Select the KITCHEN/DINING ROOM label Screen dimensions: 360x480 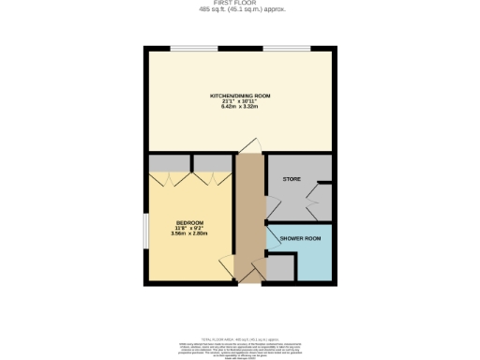[x=240, y=96]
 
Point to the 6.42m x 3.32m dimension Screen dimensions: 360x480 [x=240, y=107]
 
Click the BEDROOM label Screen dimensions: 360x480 [x=188, y=222]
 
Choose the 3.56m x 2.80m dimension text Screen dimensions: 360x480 [x=188, y=232]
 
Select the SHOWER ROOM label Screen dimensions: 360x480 [x=300, y=240]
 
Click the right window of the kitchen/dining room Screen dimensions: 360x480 [x=286, y=48]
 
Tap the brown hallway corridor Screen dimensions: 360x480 [x=249, y=216]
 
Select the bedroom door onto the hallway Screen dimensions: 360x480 [x=228, y=265]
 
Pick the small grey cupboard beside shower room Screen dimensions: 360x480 [x=282, y=268]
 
